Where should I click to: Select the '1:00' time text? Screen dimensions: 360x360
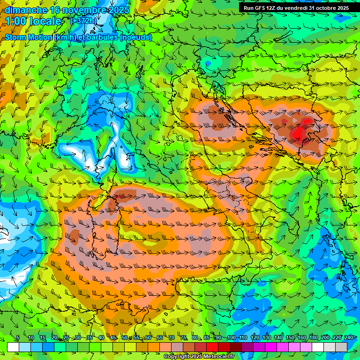15,21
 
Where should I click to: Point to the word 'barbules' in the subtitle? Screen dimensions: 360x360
104,37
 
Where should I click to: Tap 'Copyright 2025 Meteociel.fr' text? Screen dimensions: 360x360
199,356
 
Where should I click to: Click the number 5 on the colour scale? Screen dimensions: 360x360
17,338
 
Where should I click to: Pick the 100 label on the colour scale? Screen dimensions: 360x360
231,338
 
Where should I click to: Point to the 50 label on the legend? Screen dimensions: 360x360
125,338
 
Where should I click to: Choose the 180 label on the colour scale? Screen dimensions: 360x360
313,338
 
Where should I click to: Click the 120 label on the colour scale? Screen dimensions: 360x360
254,338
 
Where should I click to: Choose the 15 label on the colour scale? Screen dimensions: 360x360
42,338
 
